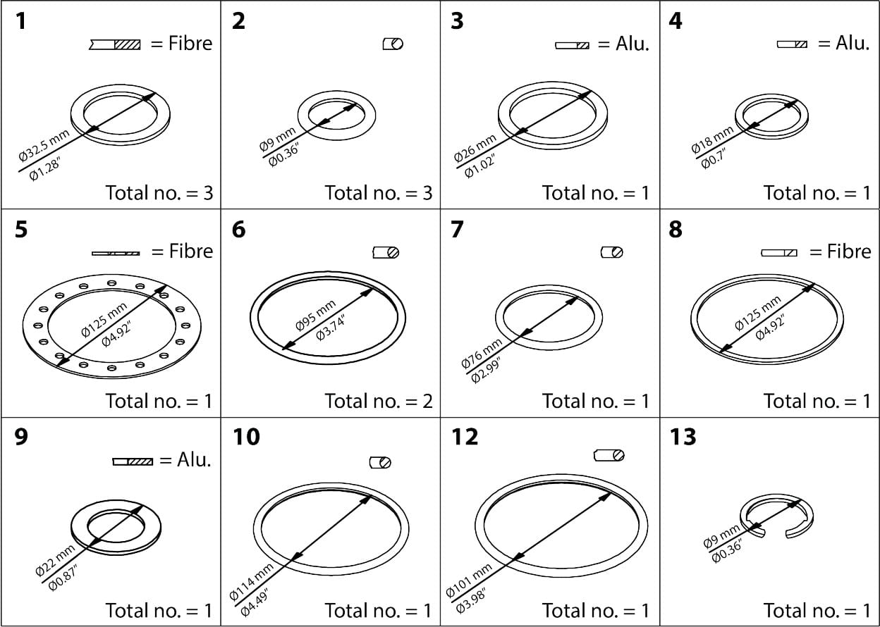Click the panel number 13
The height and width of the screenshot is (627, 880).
(683, 437)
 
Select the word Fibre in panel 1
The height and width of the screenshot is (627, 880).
(190, 44)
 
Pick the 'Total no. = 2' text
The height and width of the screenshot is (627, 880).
(378, 401)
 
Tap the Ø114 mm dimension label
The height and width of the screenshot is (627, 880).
(251, 581)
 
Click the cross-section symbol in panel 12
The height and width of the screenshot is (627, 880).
(609, 456)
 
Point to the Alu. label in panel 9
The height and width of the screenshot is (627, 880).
(194, 460)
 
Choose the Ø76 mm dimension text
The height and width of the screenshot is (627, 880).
(481, 354)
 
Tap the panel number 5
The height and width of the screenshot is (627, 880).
(21, 230)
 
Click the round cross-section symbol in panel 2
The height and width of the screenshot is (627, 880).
(393, 44)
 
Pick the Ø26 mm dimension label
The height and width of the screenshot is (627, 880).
(475, 149)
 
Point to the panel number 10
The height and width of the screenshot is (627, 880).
(246, 437)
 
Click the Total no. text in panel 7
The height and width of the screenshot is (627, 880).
(595, 401)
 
